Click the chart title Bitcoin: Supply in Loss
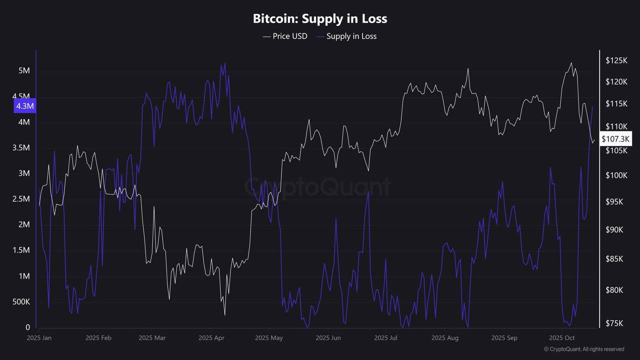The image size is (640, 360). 320,19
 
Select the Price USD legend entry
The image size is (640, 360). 285,36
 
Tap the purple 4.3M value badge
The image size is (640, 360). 25,106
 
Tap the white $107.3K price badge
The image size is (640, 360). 616,138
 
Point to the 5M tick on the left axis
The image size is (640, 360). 24,71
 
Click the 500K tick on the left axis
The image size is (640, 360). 21,302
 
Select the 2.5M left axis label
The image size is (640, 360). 21,199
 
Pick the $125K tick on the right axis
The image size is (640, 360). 616,60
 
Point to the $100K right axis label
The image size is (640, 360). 616,175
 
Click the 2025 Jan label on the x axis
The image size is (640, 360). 39,338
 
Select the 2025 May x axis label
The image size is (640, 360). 269,338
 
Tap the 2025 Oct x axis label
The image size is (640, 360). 562,338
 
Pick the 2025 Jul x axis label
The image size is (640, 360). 386,338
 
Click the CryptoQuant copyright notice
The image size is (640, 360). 584,349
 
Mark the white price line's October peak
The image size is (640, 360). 571,63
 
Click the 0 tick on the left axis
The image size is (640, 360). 28,327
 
